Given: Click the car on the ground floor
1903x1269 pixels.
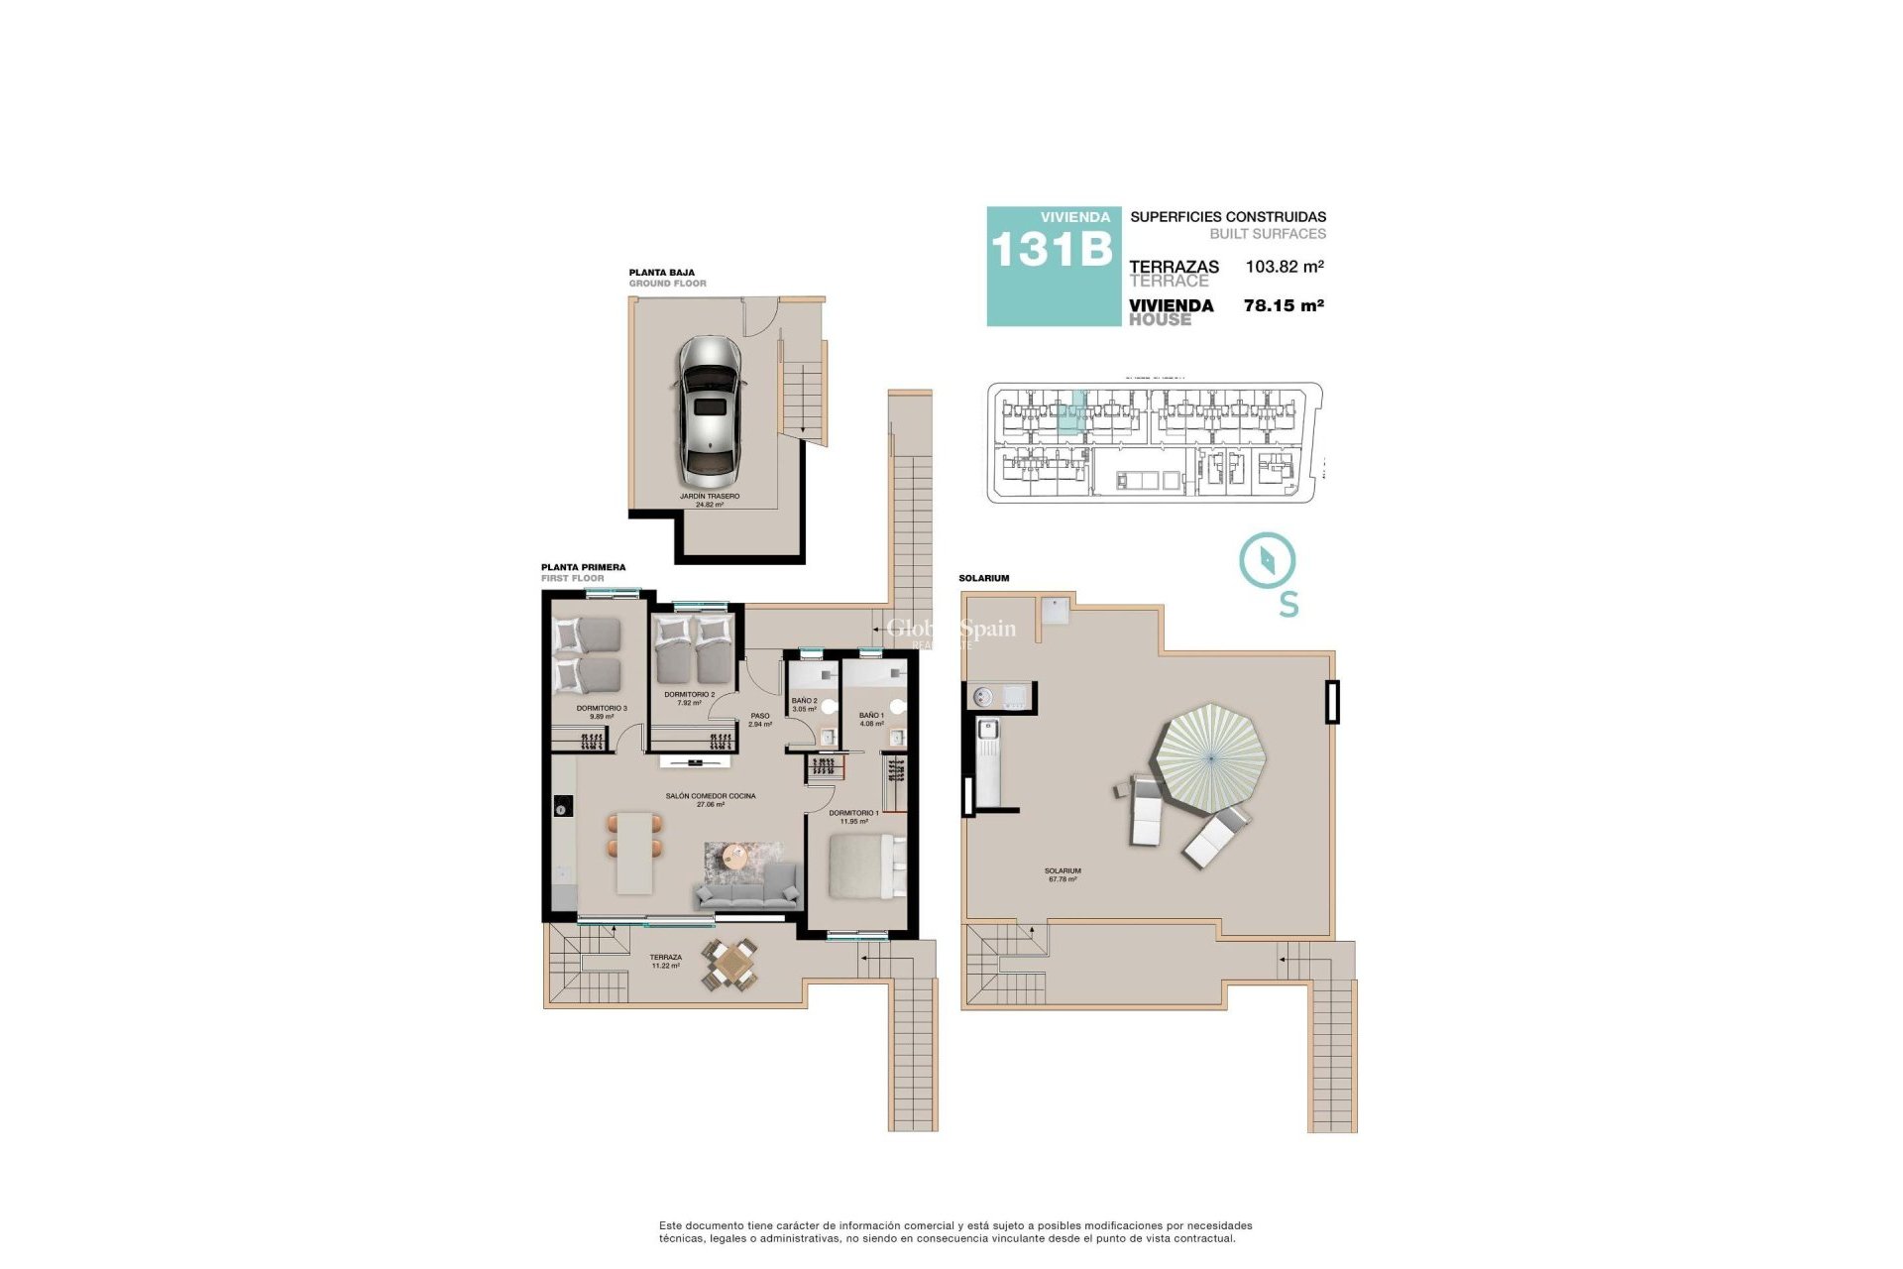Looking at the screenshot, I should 709,407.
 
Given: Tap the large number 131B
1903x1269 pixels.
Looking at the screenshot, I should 1052,250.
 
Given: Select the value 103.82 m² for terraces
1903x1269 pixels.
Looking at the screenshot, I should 1285,267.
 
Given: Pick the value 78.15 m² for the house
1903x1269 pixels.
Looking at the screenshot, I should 1284,306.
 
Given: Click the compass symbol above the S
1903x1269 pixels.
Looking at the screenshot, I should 1267,561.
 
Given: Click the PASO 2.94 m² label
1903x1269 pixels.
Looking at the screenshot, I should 760,720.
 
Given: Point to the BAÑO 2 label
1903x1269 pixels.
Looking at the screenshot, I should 804,704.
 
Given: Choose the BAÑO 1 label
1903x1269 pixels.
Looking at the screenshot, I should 871,719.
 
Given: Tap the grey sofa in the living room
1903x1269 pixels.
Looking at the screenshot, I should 748,888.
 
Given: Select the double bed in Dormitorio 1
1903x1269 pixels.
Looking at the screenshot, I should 864,865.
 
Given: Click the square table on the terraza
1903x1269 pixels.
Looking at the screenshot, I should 731,962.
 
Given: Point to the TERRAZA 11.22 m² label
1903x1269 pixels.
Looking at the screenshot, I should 665,962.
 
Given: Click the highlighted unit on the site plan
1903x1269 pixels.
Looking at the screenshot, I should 1071,413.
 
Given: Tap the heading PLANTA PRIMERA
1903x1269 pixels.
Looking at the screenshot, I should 583,568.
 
